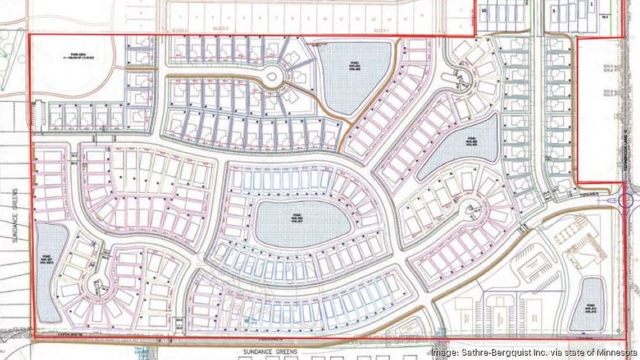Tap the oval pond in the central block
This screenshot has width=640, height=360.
pos(302,223)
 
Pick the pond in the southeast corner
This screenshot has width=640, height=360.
pos(587,304)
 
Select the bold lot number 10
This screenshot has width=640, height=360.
pos(484,11)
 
